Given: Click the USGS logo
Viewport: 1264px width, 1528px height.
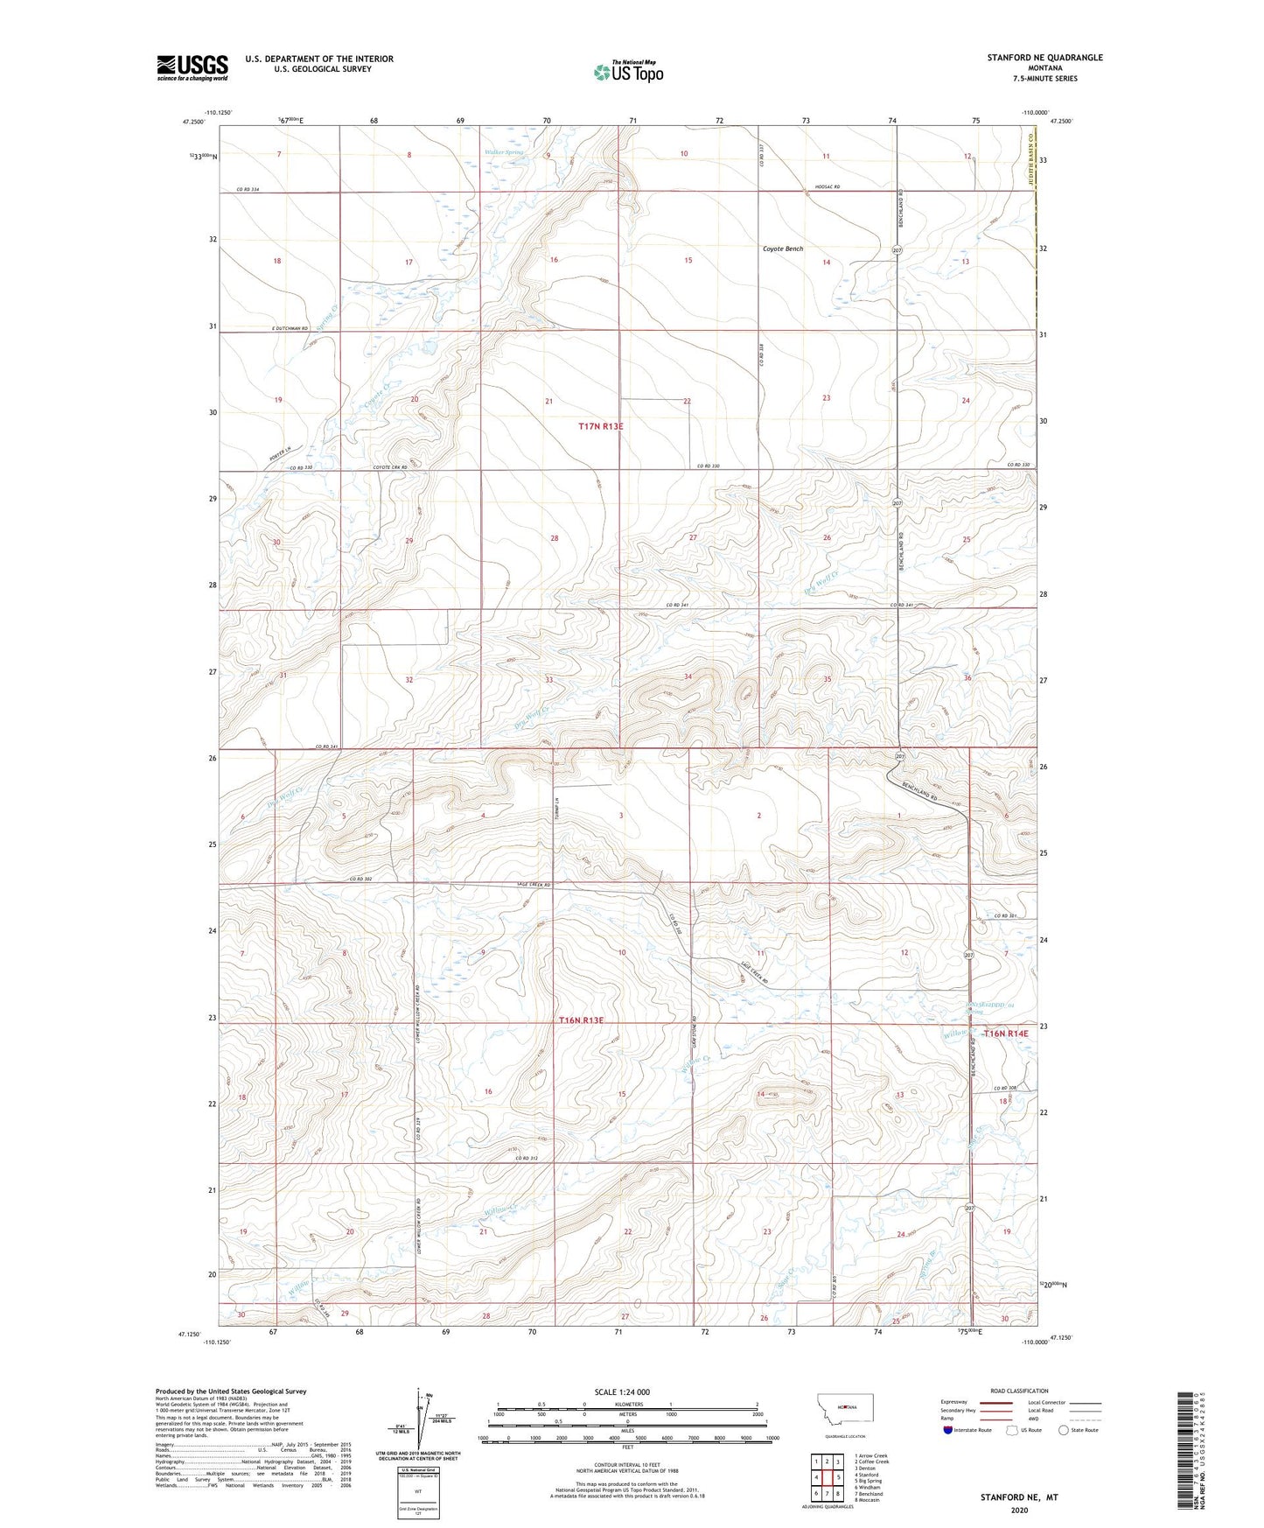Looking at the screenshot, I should click(192, 67).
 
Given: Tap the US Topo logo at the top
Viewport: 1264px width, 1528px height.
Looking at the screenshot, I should click(628, 72).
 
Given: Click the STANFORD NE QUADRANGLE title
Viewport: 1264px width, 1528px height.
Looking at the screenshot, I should click(1044, 58).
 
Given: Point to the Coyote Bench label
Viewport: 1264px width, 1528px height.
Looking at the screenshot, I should click(782, 249).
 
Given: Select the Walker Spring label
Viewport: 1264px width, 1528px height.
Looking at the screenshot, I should click(504, 152).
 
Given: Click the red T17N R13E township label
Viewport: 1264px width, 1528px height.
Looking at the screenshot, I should click(601, 426).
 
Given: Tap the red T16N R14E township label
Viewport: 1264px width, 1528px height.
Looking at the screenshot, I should click(1005, 1034).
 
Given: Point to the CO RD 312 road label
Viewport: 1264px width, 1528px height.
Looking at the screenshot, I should click(526, 1158).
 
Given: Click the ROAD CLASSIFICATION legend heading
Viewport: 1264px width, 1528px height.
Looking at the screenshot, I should click(1019, 1391).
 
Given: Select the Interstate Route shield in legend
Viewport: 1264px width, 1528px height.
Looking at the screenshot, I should click(948, 1430).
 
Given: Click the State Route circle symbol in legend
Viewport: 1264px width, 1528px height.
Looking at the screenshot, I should click(1063, 1430).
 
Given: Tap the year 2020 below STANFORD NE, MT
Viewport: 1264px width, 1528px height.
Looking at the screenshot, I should click(1018, 1510).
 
